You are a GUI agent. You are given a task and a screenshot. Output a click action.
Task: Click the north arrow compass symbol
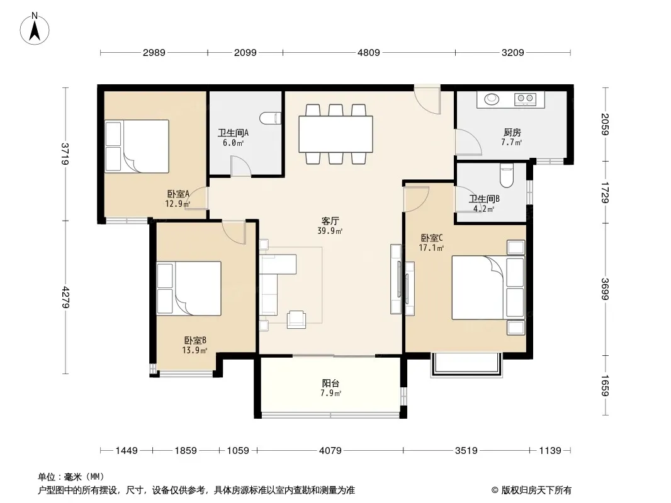click(35, 29)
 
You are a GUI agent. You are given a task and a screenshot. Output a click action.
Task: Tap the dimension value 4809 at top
click(368, 53)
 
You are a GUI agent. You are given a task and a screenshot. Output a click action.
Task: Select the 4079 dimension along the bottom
click(330, 450)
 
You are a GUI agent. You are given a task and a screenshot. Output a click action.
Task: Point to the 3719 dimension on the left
click(65, 154)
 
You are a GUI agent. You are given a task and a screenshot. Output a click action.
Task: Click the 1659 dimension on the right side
click(604, 385)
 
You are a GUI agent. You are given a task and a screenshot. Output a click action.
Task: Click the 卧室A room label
click(178, 194)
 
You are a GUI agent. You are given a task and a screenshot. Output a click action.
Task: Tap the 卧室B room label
click(195, 341)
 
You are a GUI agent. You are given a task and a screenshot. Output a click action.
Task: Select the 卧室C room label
click(432, 238)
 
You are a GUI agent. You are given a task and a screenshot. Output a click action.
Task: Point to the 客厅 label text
click(330, 221)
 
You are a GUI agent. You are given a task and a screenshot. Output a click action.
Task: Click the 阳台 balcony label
click(331, 384)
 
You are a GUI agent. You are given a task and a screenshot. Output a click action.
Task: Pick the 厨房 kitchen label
click(512, 133)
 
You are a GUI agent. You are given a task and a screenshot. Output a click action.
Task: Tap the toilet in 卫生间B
click(507, 176)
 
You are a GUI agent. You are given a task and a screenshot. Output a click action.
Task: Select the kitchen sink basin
click(492, 99)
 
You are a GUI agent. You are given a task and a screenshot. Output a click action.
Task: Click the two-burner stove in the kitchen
click(526, 99)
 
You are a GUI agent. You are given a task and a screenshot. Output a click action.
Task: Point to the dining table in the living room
click(335, 134)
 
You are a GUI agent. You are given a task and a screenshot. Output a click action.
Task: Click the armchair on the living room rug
click(296, 319)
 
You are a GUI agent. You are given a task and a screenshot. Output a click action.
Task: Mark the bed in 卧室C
click(488, 287)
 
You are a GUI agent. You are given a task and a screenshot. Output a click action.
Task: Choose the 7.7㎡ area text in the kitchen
click(512, 142)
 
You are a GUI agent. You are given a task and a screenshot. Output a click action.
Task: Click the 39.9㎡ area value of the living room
click(330, 231)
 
